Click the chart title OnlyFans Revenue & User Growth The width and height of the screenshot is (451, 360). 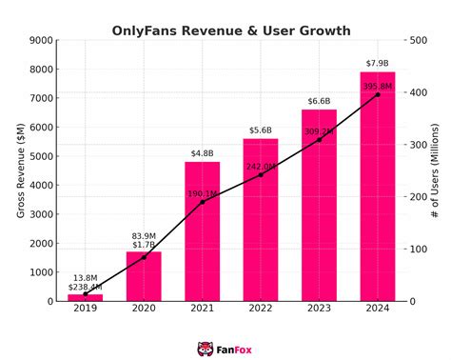(231, 30)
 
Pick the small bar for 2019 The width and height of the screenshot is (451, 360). (85, 297)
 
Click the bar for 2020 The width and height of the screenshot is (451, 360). (144, 276)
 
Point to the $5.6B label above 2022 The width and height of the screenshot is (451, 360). (261, 130)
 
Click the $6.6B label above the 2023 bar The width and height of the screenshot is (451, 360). (319, 101)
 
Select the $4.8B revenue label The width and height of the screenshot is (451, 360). (202, 153)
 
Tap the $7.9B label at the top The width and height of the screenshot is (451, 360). (378, 64)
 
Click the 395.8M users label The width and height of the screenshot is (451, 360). (377, 87)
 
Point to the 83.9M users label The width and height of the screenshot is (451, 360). (144, 235)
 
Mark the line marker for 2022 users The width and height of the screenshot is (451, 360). (261, 174)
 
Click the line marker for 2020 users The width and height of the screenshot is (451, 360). (144, 257)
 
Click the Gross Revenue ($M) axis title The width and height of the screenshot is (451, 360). (21, 170)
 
